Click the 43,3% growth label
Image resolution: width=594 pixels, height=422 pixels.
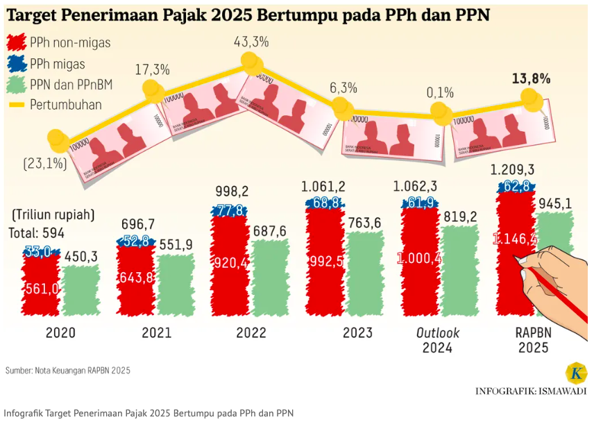coord(251,42)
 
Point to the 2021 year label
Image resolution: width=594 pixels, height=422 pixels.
coord(156,332)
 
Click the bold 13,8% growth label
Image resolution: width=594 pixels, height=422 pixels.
coord(531,78)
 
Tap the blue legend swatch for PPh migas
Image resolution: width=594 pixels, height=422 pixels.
coord(17,64)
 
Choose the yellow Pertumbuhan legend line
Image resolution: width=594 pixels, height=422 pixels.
coord(17,105)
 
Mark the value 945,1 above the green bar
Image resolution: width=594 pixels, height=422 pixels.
coord(556,202)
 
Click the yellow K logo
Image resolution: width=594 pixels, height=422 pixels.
coord(577,373)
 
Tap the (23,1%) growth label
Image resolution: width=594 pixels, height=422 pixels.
coord(44,164)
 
